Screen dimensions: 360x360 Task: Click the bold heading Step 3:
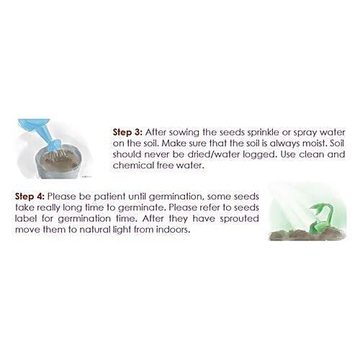pos(127,132)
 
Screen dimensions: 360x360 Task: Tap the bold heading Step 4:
pos(30,197)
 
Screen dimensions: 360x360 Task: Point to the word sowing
pos(184,132)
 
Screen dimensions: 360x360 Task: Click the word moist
pos(315,143)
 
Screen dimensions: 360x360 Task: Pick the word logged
pos(260,155)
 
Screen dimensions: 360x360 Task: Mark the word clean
pos(311,154)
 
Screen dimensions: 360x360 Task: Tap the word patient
pos(109,197)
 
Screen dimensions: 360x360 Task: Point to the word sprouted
pos(239,219)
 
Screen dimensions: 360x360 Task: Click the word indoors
pos(173,230)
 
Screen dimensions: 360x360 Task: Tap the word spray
pos(305,133)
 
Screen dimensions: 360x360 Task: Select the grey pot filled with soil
pos(59,163)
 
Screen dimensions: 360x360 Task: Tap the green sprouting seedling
pos(319,219)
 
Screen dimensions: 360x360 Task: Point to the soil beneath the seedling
pos(307,235)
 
